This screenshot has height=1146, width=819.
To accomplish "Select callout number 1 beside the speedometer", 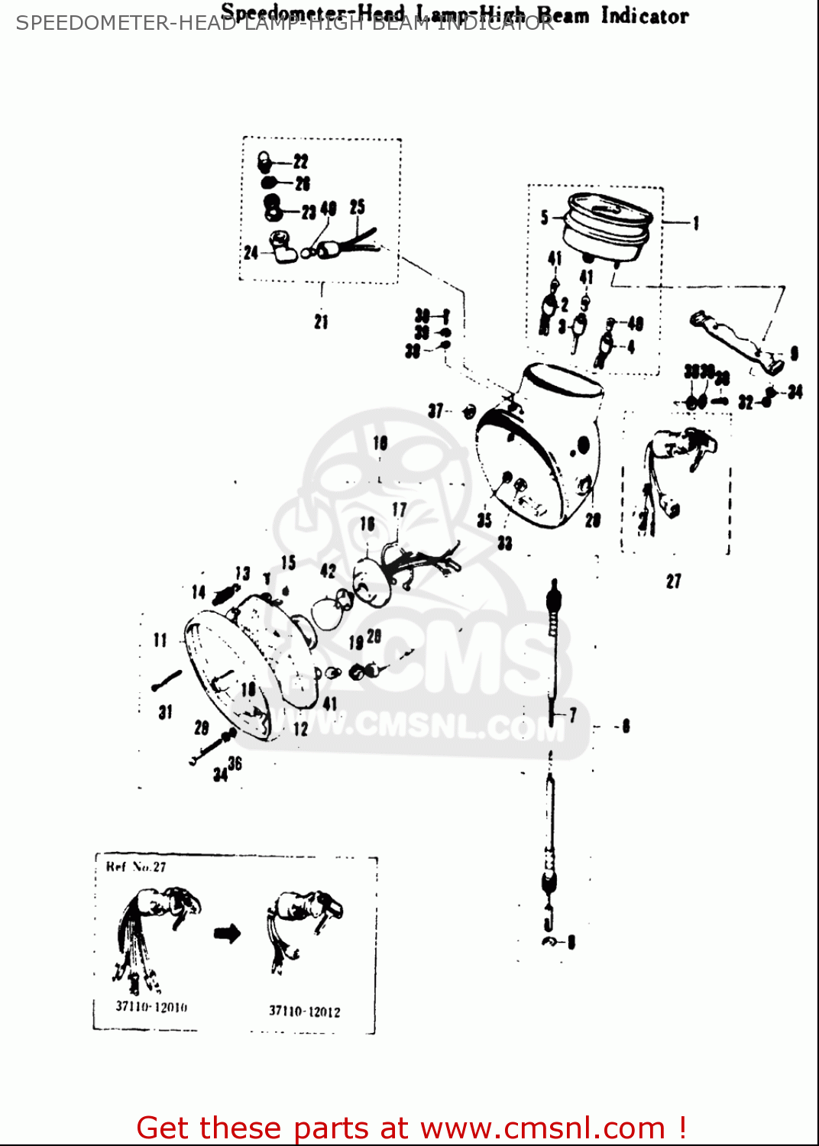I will coord(696,223).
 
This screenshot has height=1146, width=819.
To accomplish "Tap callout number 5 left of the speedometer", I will coord(545,218).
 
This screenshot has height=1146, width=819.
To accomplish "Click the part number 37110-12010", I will coord(151,1007).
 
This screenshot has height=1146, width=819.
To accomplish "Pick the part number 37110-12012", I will coord(304,1012).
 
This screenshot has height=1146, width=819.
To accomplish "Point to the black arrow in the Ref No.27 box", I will coord(227,933).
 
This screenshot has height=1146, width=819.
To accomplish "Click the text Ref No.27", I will coord(136,867).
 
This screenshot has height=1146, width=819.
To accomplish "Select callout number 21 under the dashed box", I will coord(321,322).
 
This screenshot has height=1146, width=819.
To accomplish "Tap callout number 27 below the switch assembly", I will coord(673,581).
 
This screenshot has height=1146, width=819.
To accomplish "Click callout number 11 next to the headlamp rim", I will coord(160,640).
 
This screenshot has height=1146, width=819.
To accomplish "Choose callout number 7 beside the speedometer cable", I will coord(573,715).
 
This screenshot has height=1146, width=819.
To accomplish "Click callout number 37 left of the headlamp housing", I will coord(435,412).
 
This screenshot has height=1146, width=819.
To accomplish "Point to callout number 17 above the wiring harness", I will coord(400,510).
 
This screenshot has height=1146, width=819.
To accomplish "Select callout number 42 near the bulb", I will coord(328,571).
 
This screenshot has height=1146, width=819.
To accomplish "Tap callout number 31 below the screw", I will coord(165,712).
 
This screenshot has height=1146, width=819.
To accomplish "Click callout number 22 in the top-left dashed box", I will coord(301,161).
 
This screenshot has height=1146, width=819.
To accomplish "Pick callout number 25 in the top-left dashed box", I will coord(358,207).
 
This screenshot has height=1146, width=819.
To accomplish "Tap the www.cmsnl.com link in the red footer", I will coord(542,1128).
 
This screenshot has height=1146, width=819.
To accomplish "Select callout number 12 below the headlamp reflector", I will coord(301,729).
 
